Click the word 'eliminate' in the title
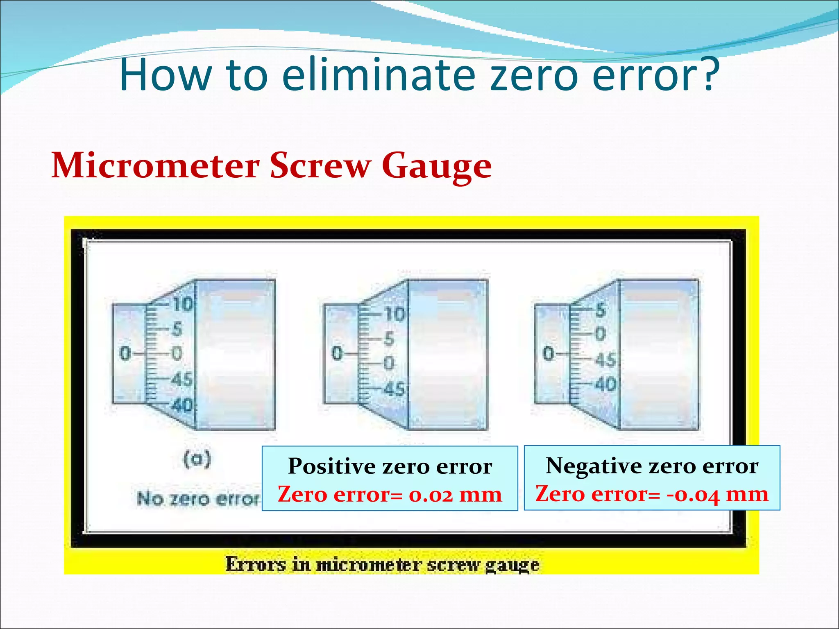379,75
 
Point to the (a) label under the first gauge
197,459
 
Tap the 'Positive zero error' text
390,466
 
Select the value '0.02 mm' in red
455,494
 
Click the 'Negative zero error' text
652,466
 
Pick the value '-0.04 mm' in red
717,494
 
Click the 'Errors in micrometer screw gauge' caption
382,564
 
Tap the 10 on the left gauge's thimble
183,304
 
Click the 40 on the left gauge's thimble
182,405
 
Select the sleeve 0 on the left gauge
125,353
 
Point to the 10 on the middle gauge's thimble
395,314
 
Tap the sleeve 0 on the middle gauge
337,353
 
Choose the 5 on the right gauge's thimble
601,310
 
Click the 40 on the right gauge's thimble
605,384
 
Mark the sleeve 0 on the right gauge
548,353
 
